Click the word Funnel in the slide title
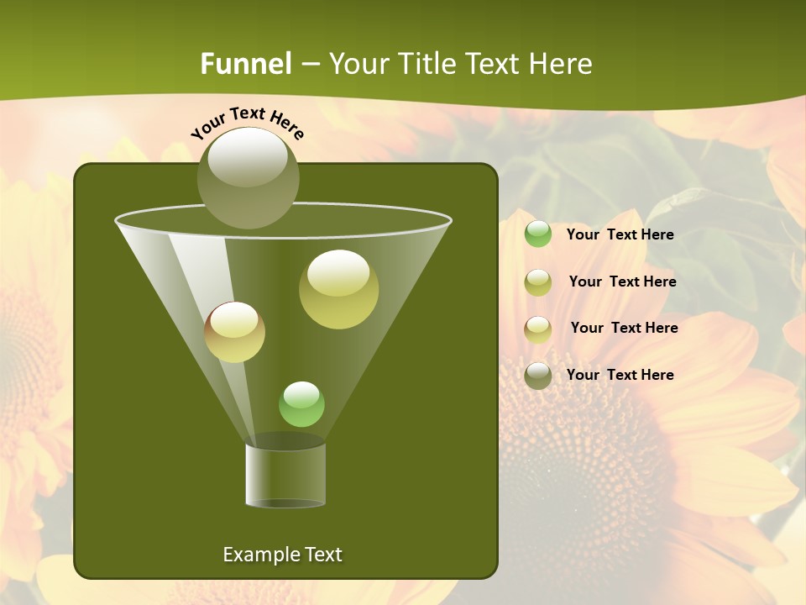246,64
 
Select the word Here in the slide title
557,64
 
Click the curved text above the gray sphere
248,122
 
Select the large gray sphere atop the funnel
249,177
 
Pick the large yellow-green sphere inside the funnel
339,288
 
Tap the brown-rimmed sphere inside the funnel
235,332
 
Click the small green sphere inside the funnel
301,404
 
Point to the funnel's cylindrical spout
285,475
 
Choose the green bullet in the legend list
538,234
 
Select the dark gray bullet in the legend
538,376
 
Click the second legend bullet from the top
538,282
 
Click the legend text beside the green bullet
620,234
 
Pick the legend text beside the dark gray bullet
620,375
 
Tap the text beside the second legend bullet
622,281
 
